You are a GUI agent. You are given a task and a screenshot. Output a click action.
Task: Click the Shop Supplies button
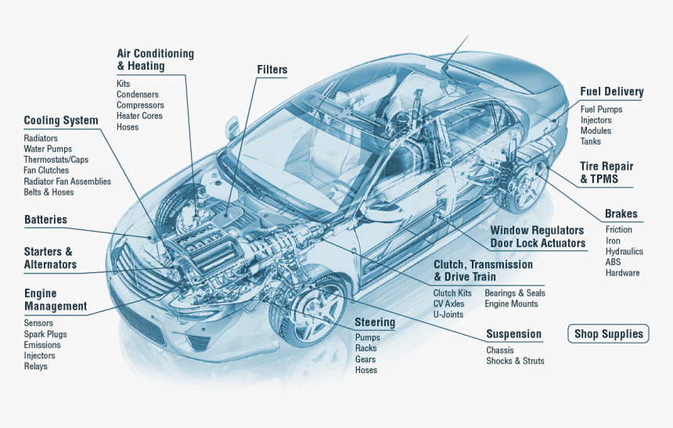(608, 334)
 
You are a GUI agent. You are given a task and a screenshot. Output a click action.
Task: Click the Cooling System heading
(61, 120)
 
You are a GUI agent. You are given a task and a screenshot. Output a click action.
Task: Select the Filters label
(272, 70)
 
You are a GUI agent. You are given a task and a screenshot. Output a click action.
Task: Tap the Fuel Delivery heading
(611, 92)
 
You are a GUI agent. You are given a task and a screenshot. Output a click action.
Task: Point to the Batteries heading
(45, 220)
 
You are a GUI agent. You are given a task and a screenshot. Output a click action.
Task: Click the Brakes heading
(621, 214)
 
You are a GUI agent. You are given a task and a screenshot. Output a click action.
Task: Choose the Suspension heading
(513, 334)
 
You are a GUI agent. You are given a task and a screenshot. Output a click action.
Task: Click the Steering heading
(375, 322)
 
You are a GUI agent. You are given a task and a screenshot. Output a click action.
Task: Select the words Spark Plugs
(45, 334)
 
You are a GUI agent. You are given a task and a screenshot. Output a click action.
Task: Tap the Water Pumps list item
(48, 149)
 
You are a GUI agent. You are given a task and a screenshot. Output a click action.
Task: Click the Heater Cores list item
(139, 116)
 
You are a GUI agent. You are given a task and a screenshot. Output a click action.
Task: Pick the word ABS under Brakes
(613, 262)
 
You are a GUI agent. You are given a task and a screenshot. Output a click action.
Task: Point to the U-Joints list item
(448, 315)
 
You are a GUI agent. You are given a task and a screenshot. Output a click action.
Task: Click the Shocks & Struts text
(515, 361)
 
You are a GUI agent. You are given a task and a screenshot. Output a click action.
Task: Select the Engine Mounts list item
(511, 304)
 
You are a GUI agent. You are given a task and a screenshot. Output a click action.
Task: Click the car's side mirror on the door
(381, 212)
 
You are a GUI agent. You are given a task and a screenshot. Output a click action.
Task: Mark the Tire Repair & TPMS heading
(606, 172)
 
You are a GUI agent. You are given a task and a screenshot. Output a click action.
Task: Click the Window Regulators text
(537, 230)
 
